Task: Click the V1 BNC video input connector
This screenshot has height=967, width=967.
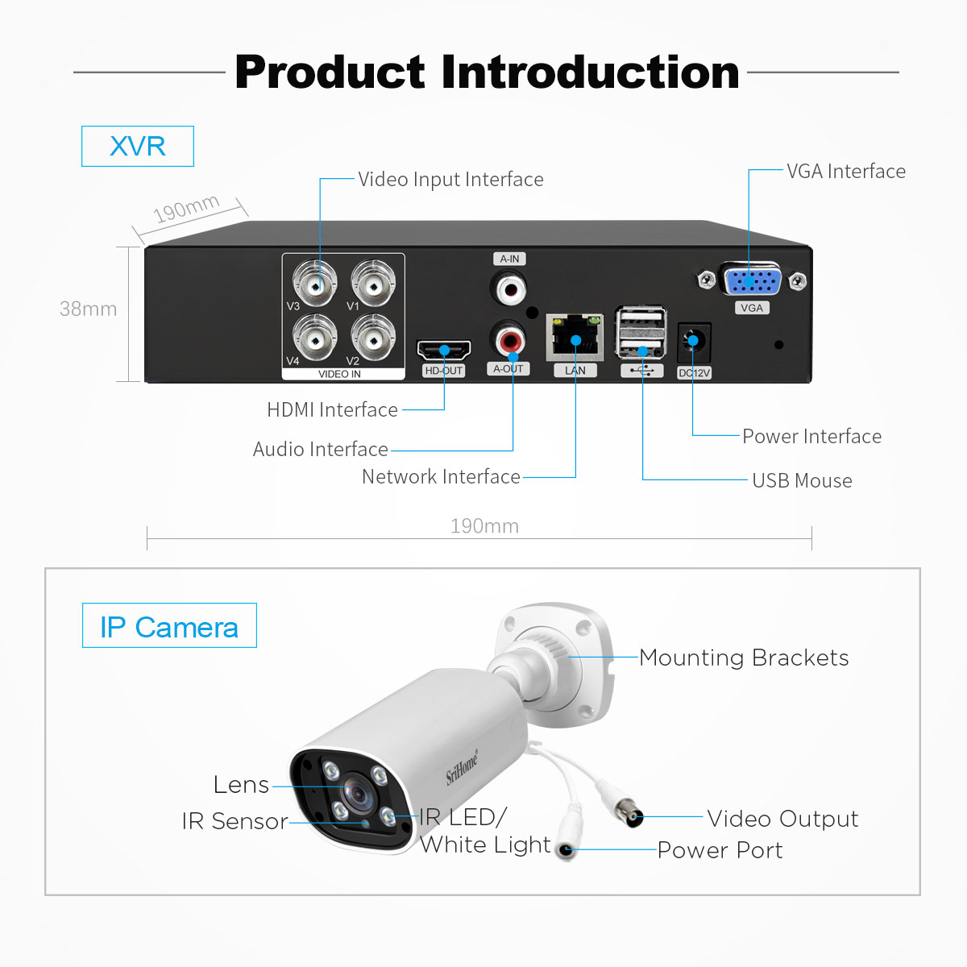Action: [x=373, y=284]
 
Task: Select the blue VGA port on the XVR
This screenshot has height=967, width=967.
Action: [x=750, y=280]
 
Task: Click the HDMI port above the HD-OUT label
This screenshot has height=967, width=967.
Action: [x=444, y=350]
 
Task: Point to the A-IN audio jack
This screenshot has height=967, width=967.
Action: [x=508, y=288]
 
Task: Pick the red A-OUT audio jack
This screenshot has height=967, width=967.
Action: [x=510, y=340]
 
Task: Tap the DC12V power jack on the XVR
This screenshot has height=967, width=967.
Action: [x=694, y=342]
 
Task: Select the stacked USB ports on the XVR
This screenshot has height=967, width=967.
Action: [x=641, y=332]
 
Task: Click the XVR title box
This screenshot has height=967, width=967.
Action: [x=138, y=146]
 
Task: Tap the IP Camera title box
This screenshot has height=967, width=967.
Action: [x=169, y=625]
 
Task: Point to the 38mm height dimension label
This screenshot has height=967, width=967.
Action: [x=89, y=309]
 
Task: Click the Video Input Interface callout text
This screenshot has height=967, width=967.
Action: [x=450, y=180]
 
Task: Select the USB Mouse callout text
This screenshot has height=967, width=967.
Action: [x=802, y=481]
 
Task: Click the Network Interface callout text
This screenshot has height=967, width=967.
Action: [x=441, y=477]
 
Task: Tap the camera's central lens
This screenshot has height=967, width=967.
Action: [x=359, y=795]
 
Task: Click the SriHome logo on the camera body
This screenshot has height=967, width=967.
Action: [x=463, y=767]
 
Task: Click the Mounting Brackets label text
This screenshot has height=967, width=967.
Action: [x=744, y=658]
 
